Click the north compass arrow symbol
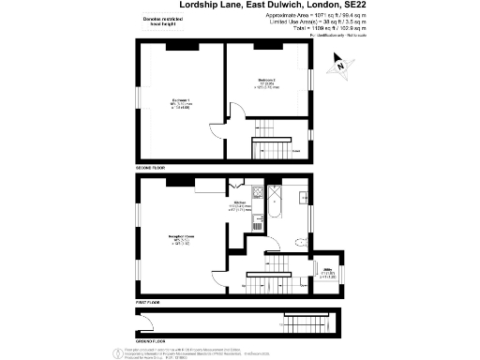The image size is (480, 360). (340, 66)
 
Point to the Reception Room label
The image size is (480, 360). (179, 237)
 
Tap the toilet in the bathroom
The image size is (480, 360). (298, 243)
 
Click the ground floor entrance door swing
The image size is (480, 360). (144, 324)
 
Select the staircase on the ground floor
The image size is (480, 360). (300, 320)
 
